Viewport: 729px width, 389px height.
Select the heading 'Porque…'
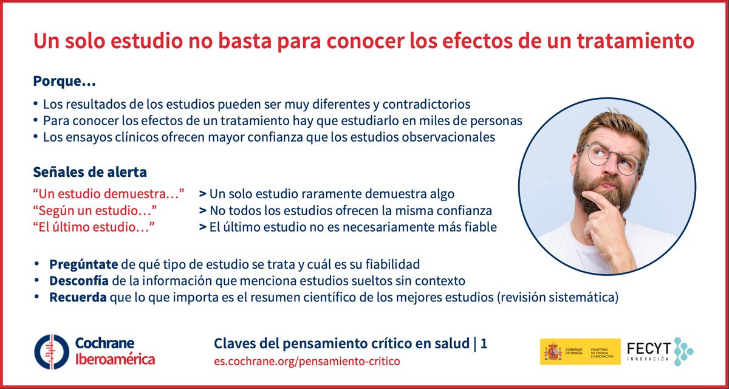click(x=64, y=81)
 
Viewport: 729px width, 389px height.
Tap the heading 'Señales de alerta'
click(x=89, y=172)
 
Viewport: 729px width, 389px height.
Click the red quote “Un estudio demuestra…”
click(x=108, y=194)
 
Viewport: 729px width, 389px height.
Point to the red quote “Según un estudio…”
click(x=95, y=210)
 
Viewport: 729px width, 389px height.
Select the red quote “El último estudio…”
click(x=93, y=227)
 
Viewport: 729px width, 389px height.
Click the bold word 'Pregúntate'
click(x=84, y=265)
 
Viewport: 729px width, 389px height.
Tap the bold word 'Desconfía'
click(x=79, y=281)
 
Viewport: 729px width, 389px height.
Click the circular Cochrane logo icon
click(x=51, y=352)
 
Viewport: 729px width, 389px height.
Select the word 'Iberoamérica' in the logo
click(x=114, y=359)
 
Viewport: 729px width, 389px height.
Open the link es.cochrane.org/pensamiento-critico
click(x=307, y=361)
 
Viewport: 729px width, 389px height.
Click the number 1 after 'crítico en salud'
click(x=484, y=344)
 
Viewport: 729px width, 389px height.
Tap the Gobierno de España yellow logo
click(x=580, y=352)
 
